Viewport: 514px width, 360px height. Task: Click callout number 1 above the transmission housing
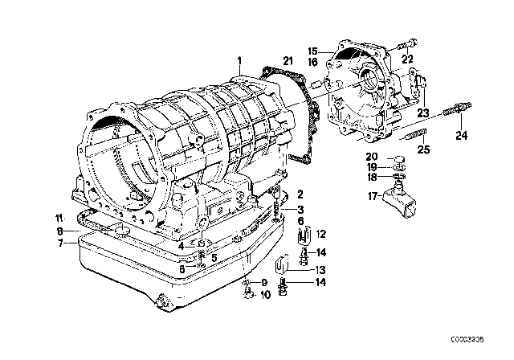[239, 61]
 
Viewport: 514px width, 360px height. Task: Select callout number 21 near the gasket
[288, 61]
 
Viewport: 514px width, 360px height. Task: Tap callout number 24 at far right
[462, 136]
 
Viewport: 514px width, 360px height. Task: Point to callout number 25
[423, 149]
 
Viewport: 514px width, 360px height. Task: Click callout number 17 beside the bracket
[372, 196]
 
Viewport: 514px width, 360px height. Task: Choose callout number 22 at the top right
[407, 59]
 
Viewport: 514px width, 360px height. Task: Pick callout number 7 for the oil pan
[61, 243]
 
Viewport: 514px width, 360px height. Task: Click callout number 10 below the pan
[265, 295]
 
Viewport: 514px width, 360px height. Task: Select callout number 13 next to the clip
[320, 270]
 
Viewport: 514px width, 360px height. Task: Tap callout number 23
[423, 113]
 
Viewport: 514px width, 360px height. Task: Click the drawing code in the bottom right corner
[467, 339]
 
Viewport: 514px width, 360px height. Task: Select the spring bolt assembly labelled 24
[457, 108]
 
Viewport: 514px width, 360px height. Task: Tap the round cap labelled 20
[399, 159]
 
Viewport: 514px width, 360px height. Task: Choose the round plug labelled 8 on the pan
[120, 230]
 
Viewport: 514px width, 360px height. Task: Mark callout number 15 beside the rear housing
[313, 51]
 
